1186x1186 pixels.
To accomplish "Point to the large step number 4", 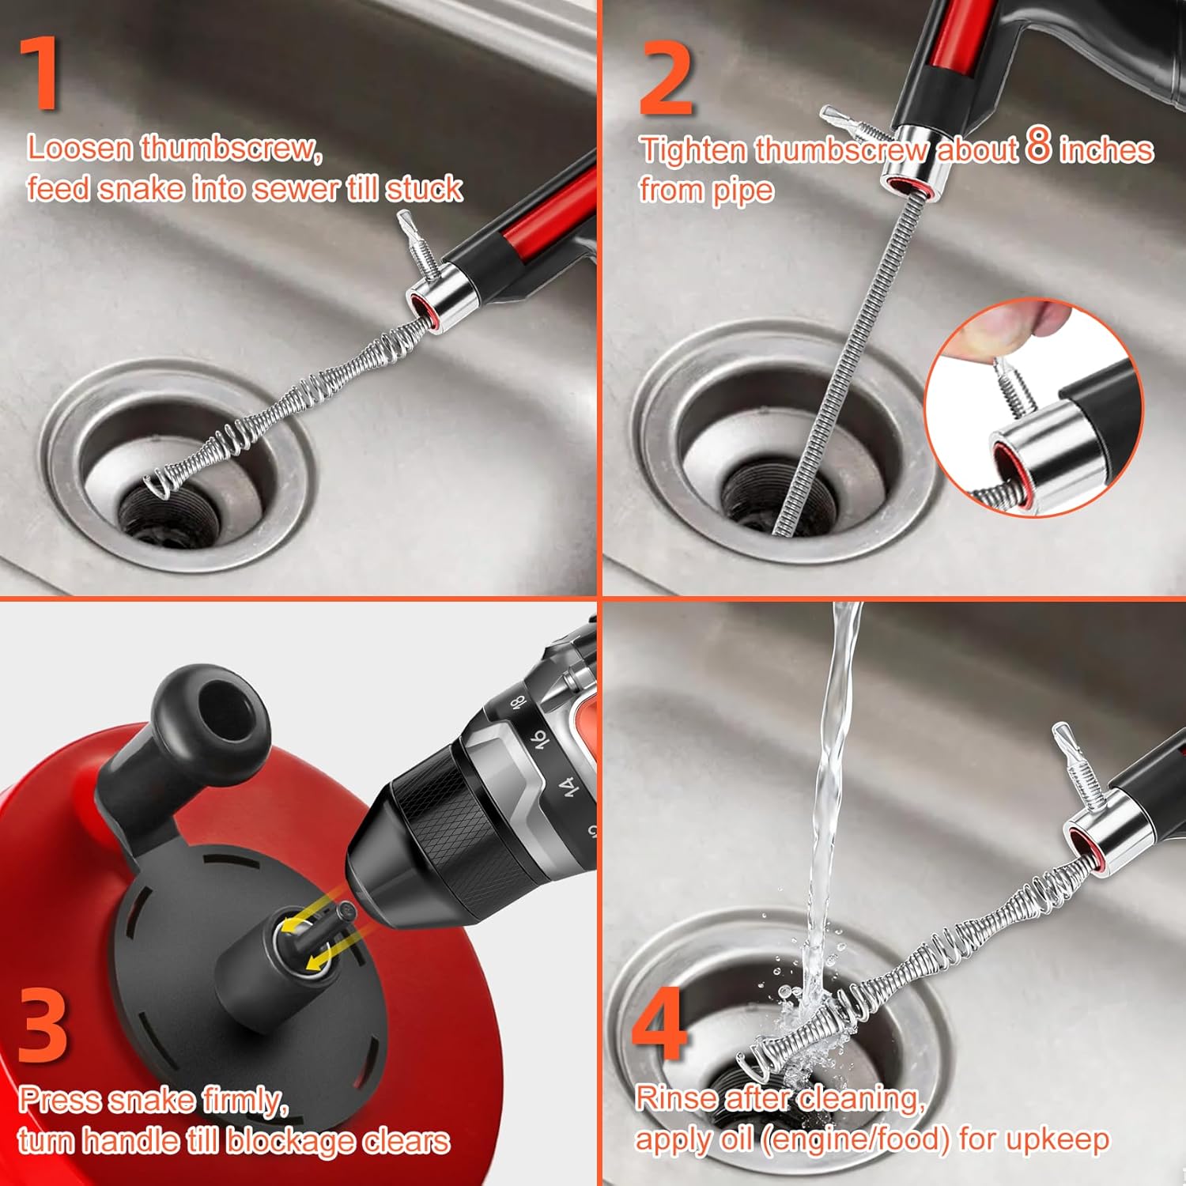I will coord(659,1024).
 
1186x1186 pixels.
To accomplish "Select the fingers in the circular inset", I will coord(1020,324).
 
